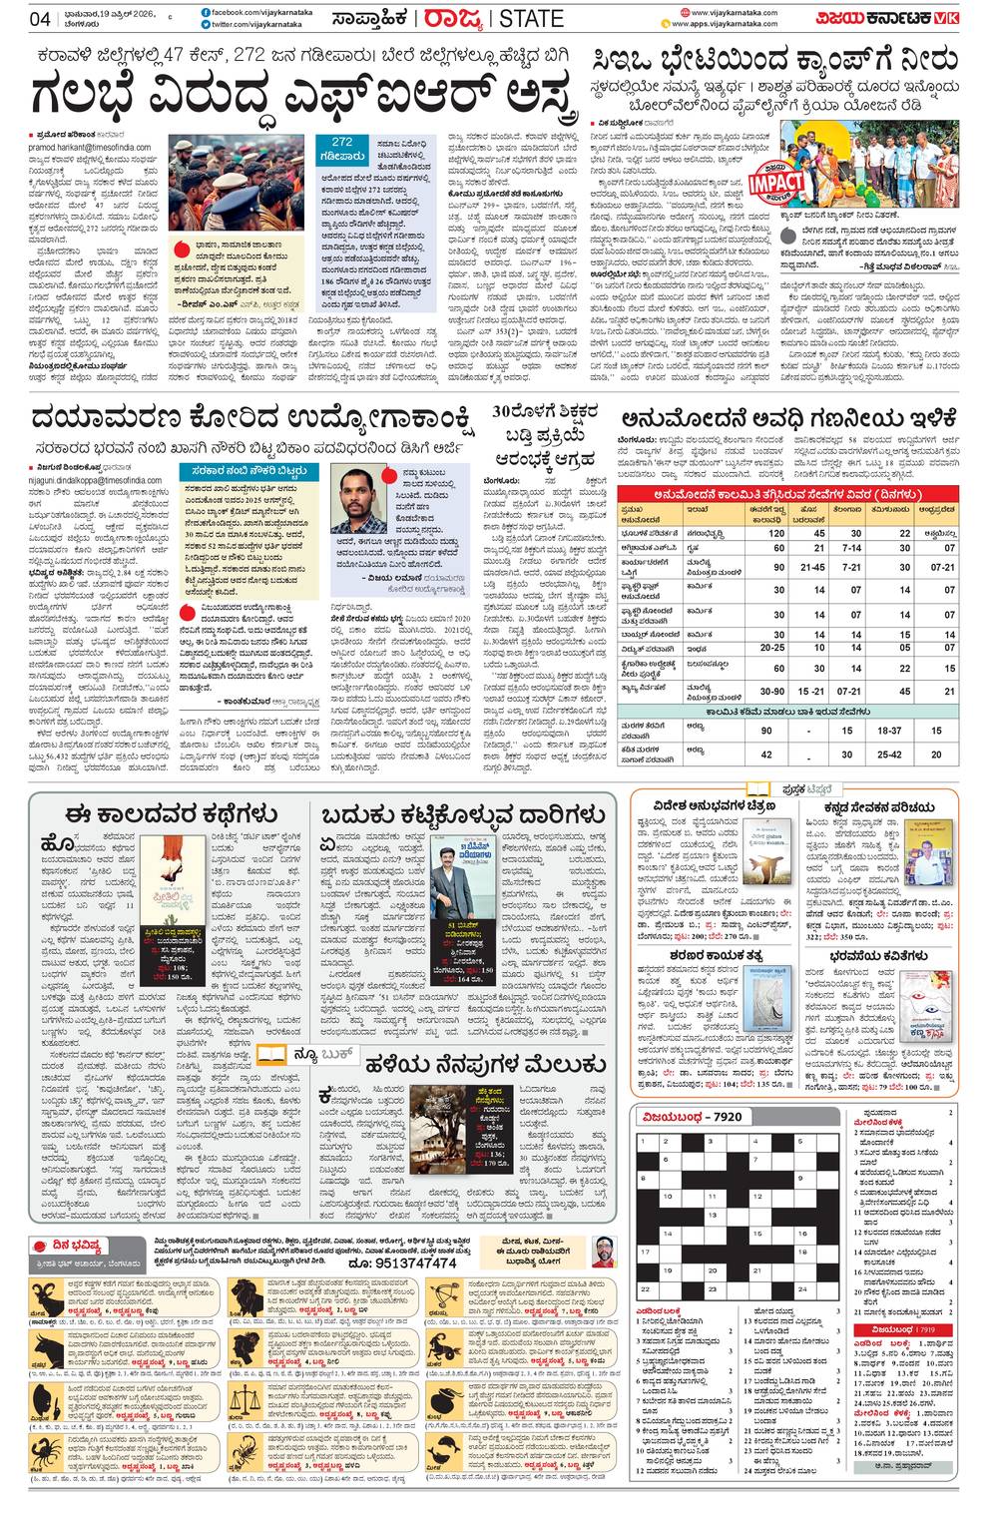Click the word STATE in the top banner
533,19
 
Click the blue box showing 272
341,149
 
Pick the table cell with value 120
777,534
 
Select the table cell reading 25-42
890,756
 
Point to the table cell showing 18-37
890,731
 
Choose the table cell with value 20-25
772,648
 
